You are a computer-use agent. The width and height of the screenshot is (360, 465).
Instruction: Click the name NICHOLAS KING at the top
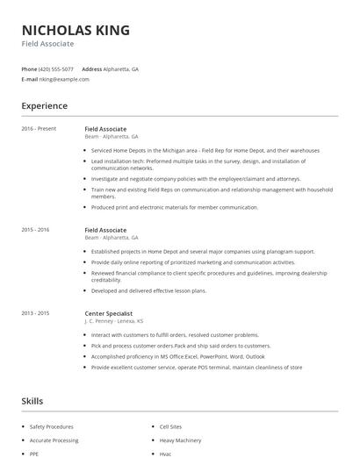76,30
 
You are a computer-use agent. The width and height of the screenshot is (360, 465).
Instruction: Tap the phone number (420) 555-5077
57,68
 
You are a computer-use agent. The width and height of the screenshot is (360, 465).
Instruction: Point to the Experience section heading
45,106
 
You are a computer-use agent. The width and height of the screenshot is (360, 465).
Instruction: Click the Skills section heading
32,401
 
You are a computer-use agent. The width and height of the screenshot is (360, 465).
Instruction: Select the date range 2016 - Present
39,129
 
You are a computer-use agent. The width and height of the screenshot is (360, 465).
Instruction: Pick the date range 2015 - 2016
36,230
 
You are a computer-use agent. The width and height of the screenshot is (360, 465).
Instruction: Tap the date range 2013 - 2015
36,313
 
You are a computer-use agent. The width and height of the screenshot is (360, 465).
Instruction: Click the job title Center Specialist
109,313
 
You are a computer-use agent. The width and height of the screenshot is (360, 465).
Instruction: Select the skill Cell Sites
171,426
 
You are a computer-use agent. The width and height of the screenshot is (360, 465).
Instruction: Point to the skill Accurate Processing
54,440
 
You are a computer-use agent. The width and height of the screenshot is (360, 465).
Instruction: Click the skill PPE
35,454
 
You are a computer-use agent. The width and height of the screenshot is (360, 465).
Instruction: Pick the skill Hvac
165,454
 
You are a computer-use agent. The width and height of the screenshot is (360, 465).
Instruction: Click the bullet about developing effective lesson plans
149,290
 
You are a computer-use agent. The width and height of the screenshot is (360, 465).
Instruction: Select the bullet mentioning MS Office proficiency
176,357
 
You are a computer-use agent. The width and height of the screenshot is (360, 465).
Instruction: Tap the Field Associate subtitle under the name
47,44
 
